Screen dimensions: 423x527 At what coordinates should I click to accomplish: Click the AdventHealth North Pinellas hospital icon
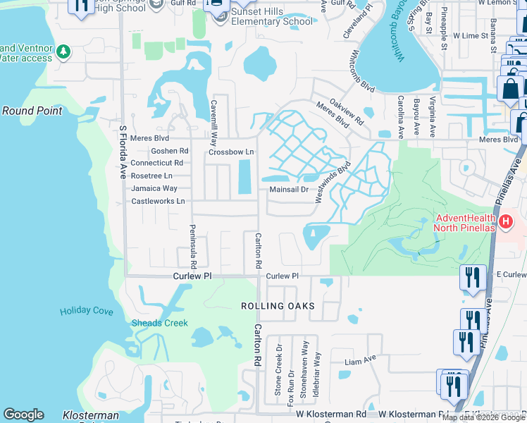tap(505, 223)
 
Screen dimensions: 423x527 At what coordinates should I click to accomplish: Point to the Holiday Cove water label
tap(87, 311)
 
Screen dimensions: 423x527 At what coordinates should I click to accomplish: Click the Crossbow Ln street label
tap(230, 152)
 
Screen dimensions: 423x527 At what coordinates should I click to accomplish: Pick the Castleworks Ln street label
tap(158, 201)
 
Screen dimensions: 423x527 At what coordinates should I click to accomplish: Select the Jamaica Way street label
tap(154, 188)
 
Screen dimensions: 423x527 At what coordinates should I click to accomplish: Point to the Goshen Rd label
tap(170, 151)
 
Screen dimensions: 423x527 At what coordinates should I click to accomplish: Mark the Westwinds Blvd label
tap(333, 182)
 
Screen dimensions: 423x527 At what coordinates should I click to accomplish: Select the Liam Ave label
tap(361, 362)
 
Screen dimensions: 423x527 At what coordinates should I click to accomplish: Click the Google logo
tap(23, 415)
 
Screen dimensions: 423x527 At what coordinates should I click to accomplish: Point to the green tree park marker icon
tap(63, 51)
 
